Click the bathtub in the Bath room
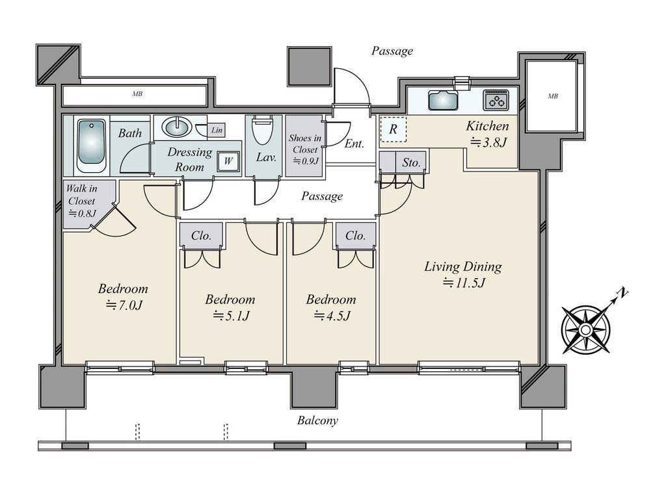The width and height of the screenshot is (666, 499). click(x=91, y=146)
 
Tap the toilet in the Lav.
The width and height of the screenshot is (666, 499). click(x=263, y=129)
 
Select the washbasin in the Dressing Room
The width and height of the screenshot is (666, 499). click(x=178, y=127)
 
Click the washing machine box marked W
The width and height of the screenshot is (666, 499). click(x=228, y=161)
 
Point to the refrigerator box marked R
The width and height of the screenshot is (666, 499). click(x=393, y=129)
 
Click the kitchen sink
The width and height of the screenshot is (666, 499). click(x=443, y=100)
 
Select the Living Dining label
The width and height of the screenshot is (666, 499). click(x=463, y=267)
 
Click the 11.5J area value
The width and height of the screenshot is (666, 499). click(x=463, y=283)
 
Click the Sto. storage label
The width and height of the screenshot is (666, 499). click(x=411, y=162)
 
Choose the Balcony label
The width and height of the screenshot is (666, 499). click(x=317, y=420)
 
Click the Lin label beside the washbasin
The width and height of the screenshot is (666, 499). click(x=217, y=130)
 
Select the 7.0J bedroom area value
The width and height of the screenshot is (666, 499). click(x=124, y=305)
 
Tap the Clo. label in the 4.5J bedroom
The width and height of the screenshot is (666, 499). click(x=356, y=235)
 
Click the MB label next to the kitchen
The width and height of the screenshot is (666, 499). click(x=553, y=96)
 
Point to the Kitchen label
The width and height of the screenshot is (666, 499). click(x=487, y=126)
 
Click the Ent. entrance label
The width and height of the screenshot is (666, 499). click(x=354, y=144)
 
